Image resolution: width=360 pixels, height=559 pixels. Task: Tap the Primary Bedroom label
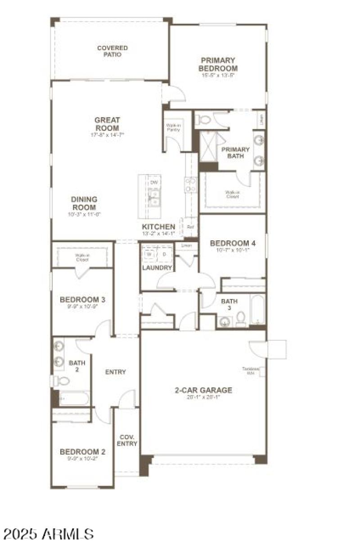[x=218, y=64]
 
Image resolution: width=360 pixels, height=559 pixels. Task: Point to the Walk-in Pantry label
[x=173, y=127]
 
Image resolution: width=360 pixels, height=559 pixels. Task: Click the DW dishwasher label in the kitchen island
[x=154, y=182]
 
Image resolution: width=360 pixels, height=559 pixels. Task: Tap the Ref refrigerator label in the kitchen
[x=190, y=227]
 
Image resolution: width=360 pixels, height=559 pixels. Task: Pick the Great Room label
[x=107, y=124]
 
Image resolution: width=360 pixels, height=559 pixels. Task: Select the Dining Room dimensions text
[x=84, y=215]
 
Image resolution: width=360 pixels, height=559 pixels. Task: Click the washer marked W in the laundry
[x=149, y=254]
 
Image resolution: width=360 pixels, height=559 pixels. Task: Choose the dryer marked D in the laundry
[x=164, y=254]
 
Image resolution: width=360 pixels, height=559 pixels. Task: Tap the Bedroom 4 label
[x=233, y=243]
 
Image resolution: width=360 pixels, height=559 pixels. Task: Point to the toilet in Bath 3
[x=240, y=318]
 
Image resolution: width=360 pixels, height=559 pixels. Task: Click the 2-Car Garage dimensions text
[x=203, y=397]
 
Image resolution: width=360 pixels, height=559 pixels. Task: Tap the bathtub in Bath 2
[x=74, y=398]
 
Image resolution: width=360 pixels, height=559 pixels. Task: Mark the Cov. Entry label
[x=128, y=440]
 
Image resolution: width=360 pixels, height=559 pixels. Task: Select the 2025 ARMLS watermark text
[x=49, y=534]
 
